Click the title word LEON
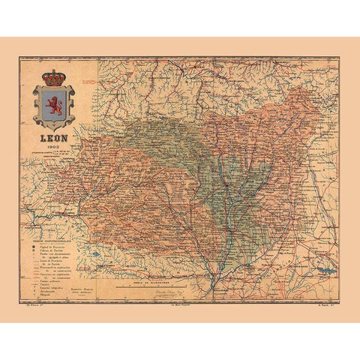54,139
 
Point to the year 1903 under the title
53,146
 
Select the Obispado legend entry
54,296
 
